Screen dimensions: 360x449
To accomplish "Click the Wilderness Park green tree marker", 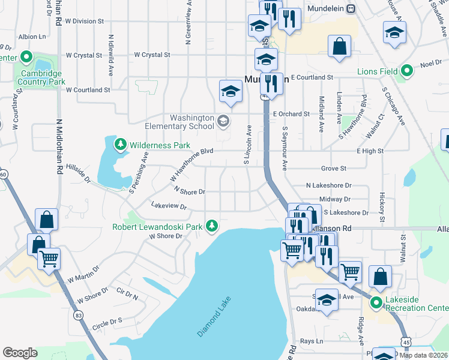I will pyautogui.click(x=121, y=145).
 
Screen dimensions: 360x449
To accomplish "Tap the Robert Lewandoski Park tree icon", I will pyautogui.click(x=211, y=226).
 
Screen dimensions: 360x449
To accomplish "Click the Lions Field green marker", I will pyautogui.click(x=407, y=71).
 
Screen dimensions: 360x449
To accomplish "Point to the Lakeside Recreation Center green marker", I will pyautogui.click(x=376, y=302).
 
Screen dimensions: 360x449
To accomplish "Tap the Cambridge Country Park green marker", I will pyautogui.click(x=26, y=58).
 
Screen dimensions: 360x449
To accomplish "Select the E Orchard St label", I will pyautogui.click(x=291, y=113).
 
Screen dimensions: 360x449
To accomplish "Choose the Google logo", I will pyautogui.click(x=20, y=353).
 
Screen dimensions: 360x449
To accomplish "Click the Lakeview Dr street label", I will pyautogui.click(x=169, y=206).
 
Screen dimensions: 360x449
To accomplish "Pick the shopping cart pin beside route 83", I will pyautogui.click(x=49, y=260).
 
